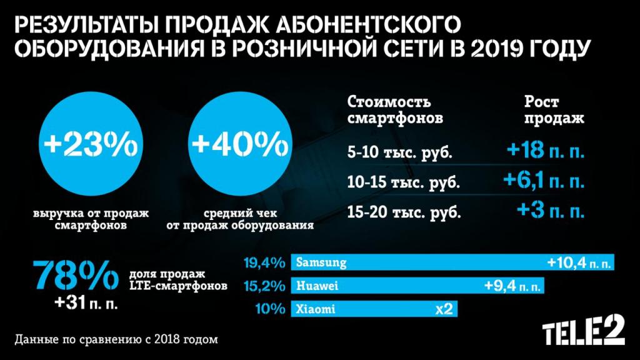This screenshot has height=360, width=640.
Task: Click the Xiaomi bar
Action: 372,309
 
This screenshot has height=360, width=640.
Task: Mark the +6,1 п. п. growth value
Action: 544,182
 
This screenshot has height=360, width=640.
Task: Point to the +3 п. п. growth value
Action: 550,211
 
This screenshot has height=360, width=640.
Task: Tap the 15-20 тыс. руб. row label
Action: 402,212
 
